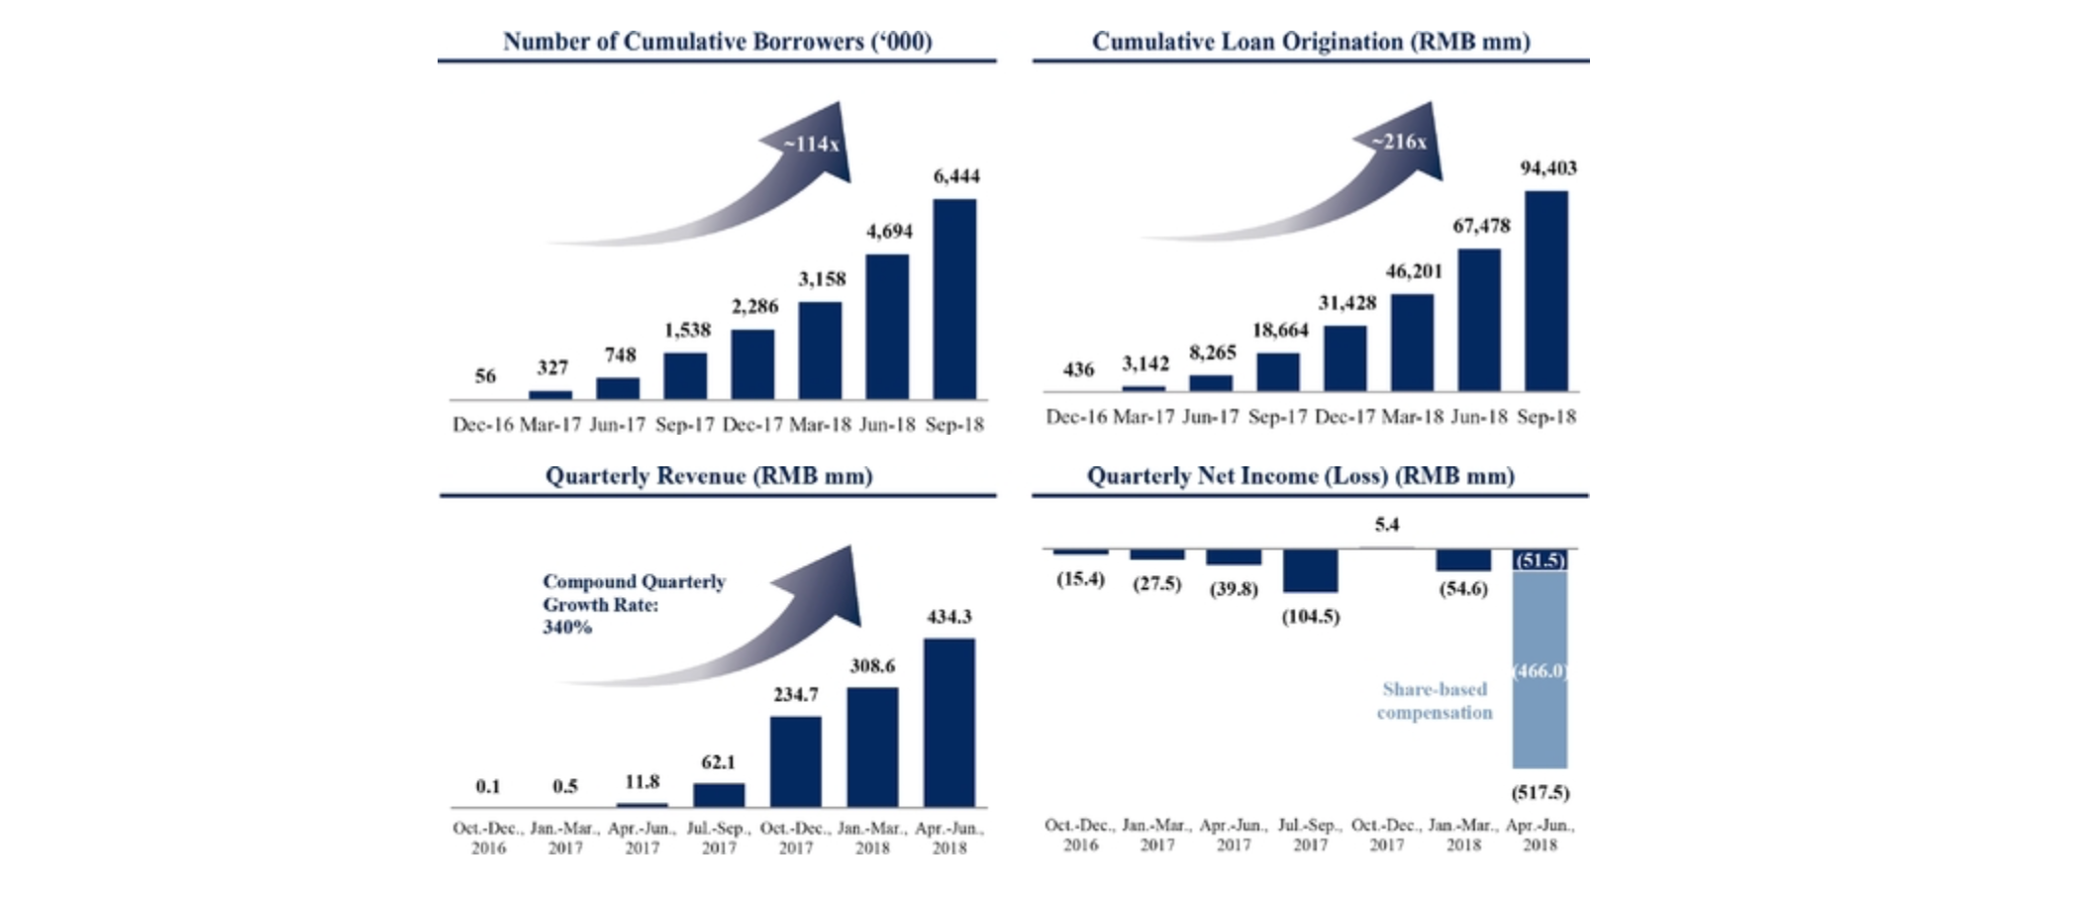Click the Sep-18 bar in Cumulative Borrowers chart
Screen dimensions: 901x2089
click(954, 299)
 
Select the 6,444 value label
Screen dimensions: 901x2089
click(956, 176)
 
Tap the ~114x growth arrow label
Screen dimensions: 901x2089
click(812, 145)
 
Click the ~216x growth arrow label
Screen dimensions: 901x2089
click(1399, 143)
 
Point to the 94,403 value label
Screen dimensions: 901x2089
click(1548, 168)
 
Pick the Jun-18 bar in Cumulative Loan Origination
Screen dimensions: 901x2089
click(1479, 319)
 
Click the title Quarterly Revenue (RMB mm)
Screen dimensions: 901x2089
click(709, 476)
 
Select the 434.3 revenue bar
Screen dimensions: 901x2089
click(948, 722)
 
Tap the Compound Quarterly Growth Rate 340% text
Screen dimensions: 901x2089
click(634, 604)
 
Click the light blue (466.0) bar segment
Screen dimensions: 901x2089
click(1540, 669)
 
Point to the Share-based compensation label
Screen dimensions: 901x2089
click(1435, 701)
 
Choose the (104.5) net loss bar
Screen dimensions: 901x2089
click(1310, 571)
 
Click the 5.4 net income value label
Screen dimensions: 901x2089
click(1386, 525)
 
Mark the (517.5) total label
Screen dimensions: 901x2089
click(1540, 792)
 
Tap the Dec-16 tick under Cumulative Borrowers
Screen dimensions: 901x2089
click(482, 425)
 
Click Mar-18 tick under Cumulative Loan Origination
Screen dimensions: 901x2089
click(1412, 417)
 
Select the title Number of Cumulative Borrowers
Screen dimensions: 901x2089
click(717, 42)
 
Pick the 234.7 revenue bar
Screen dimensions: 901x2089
click(795, 760)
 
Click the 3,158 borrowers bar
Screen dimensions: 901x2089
click(820, 350)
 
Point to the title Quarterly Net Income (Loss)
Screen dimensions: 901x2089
click(1301, 476)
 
